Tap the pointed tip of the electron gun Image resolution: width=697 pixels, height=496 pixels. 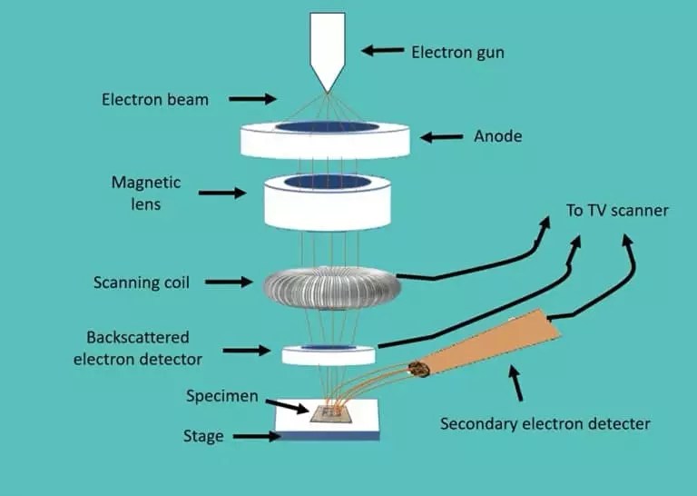click(x=325, y=90)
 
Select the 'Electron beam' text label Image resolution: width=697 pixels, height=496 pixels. click(x=155, y=99)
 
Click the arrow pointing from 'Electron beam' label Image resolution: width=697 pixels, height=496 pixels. click(x=258, y=99)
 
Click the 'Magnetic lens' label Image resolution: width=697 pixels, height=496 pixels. click(x=146, y=193)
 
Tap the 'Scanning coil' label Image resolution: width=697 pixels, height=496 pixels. click(x=142, y=283)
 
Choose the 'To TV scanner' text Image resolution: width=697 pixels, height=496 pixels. click(x=617, y=211)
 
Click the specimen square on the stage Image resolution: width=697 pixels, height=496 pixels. click(x=329, y=413)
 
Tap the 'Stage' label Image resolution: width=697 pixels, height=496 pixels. click(x=201, y=436)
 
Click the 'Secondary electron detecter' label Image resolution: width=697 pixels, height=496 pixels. click(x=545, y=423)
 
